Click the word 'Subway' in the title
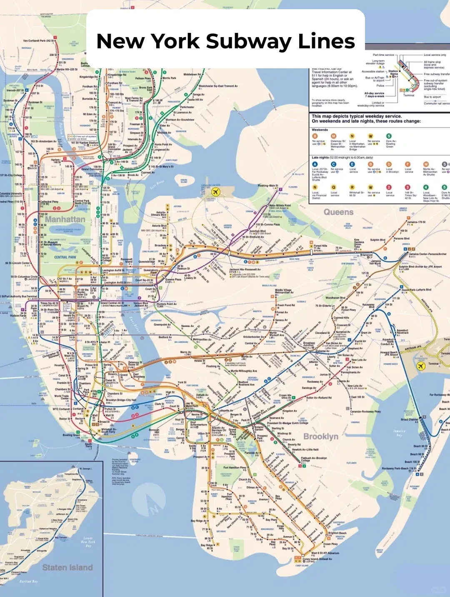(248, 41)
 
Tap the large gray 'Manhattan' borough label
(65, 219)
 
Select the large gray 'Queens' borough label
(338, 212)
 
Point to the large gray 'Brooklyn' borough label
(320, 436)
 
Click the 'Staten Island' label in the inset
(67, 567)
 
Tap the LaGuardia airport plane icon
(215, 192)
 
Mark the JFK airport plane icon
(421, 366)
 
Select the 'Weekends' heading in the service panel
(320, 130)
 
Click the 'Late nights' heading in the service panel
(320, 157)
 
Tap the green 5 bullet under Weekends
(388, 136)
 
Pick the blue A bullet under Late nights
(315, 164)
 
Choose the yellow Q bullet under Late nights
(333, 187)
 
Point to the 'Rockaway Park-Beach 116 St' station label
(399, 468)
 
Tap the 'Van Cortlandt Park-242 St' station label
(38, 41)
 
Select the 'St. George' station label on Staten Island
(85, 469)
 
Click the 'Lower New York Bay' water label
(88, 542)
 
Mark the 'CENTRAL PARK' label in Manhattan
(65, 257)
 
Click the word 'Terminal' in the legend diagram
(409, 95)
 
